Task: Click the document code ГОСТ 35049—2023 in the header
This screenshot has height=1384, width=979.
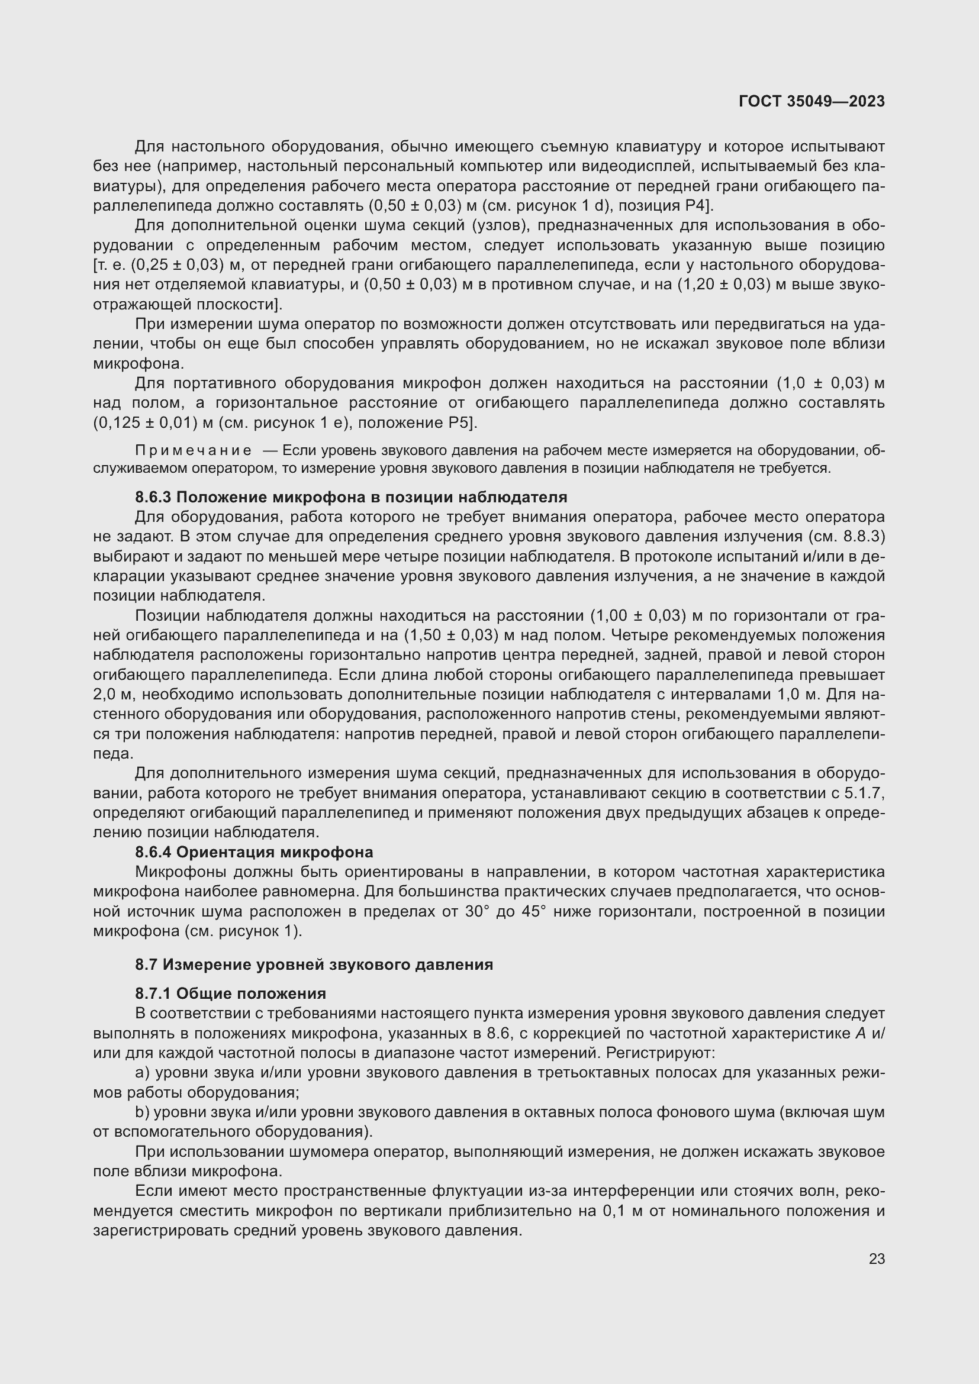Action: click(x=811, y=101)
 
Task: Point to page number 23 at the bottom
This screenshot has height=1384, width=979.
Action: click(x=877, y=1259)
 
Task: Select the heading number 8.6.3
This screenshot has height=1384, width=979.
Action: click(x=153, y=497)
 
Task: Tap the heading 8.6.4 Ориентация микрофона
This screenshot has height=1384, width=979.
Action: click(x=254, y=852)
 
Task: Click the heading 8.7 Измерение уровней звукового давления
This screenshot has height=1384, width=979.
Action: click(x=314, y=964)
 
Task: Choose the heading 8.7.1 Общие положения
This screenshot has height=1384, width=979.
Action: click(x=230, y=993)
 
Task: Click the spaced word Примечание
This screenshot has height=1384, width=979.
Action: click(x=194, y=451)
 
